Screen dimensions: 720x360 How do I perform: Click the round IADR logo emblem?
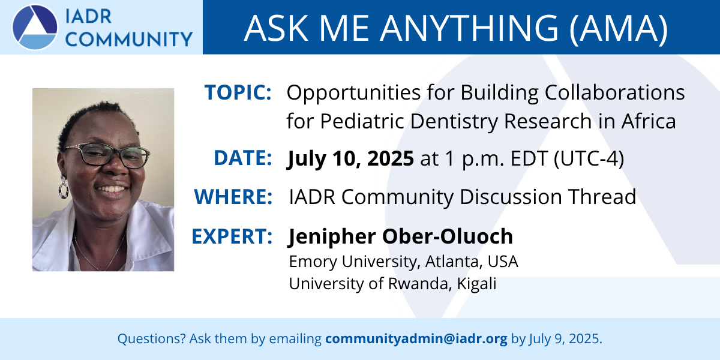point(35,27)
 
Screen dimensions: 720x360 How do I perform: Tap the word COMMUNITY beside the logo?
point(129,39)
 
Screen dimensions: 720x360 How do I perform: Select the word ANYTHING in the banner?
point(469,28)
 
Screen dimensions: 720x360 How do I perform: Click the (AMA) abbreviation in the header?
point(619,29)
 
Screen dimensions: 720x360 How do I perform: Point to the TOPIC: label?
point(238,92)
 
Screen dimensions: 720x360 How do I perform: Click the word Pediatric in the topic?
point(362,121)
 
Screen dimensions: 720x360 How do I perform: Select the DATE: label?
point(243,158)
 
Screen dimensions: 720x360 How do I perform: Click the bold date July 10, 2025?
point(350,159)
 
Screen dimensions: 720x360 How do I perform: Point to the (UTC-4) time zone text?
point(589,158)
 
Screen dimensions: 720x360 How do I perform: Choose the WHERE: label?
point(233,197)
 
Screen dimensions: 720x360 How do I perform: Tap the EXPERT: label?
point(232,236)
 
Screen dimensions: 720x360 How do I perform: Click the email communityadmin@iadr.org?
point(416,339)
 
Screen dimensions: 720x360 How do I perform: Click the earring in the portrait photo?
point(64,187)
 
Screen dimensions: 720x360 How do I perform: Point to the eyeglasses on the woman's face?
point(106,155)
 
